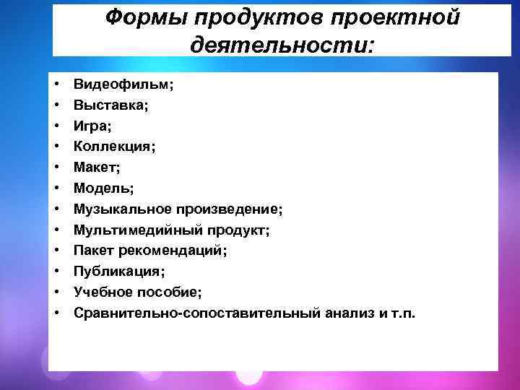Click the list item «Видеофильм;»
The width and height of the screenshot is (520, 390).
pos(123,84)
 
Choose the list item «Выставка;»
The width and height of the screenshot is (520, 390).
pos(111,105)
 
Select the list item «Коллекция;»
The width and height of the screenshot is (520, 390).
pos(114,147)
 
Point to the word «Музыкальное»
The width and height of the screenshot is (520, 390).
pos(121,209)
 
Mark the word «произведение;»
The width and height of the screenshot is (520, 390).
pos(227,209)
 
